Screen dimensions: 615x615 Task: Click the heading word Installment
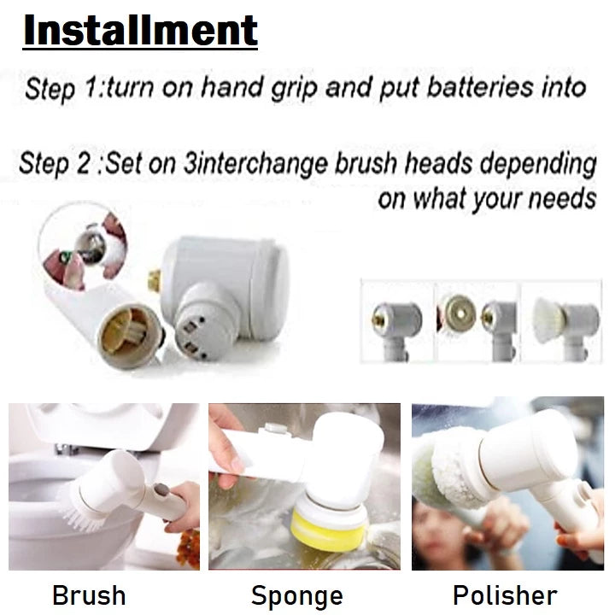(140, 31)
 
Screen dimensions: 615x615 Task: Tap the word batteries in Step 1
(480, 87)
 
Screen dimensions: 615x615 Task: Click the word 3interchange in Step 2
(255, 163)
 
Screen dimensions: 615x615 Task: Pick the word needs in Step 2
(562, 199)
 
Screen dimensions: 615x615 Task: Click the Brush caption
(89, 595)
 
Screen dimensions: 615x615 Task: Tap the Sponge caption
(297, 596)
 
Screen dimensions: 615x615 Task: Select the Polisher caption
(505, 595)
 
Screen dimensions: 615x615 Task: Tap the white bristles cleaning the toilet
(80, 510)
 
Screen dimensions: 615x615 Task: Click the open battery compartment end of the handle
(129, 336)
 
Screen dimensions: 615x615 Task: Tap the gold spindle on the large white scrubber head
(154, 279)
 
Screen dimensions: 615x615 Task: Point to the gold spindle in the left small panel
(378, 319)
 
